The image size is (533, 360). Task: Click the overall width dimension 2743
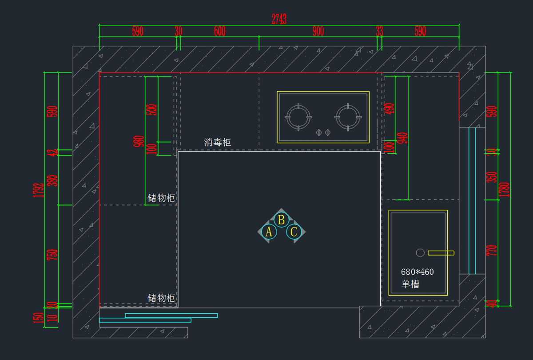pyautogui.click(x=279, y=19)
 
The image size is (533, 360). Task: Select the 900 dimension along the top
pyautogui.click(x=318, y=31)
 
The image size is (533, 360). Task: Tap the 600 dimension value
pyautogui.click(x=219, y=31)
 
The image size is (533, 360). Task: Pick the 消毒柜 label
pyautogui.click(x=218, y=142)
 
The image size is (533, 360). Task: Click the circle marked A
pyautogui.click(x=269, y=232)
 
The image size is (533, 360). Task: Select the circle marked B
pyautogui.click(x=281, y=220)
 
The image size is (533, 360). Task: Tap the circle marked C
pyautogui.click(x=294, y=232)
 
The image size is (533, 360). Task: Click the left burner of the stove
pyautogui.click(x=298, y=117)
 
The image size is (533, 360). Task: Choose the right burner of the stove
pyautogui.click(x=348, y=117)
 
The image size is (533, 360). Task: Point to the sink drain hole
pyautogui.click(x=420, y=253)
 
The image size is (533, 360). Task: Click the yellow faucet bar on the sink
pyautogui.click(x=441, y=253)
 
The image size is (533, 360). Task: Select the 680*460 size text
pyautogui.click(x=417, y=272)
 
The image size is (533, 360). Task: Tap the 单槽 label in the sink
pyautogui.click(x=410, y=284)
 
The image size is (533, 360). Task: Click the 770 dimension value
pyautogui.click(x=492, y=251)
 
